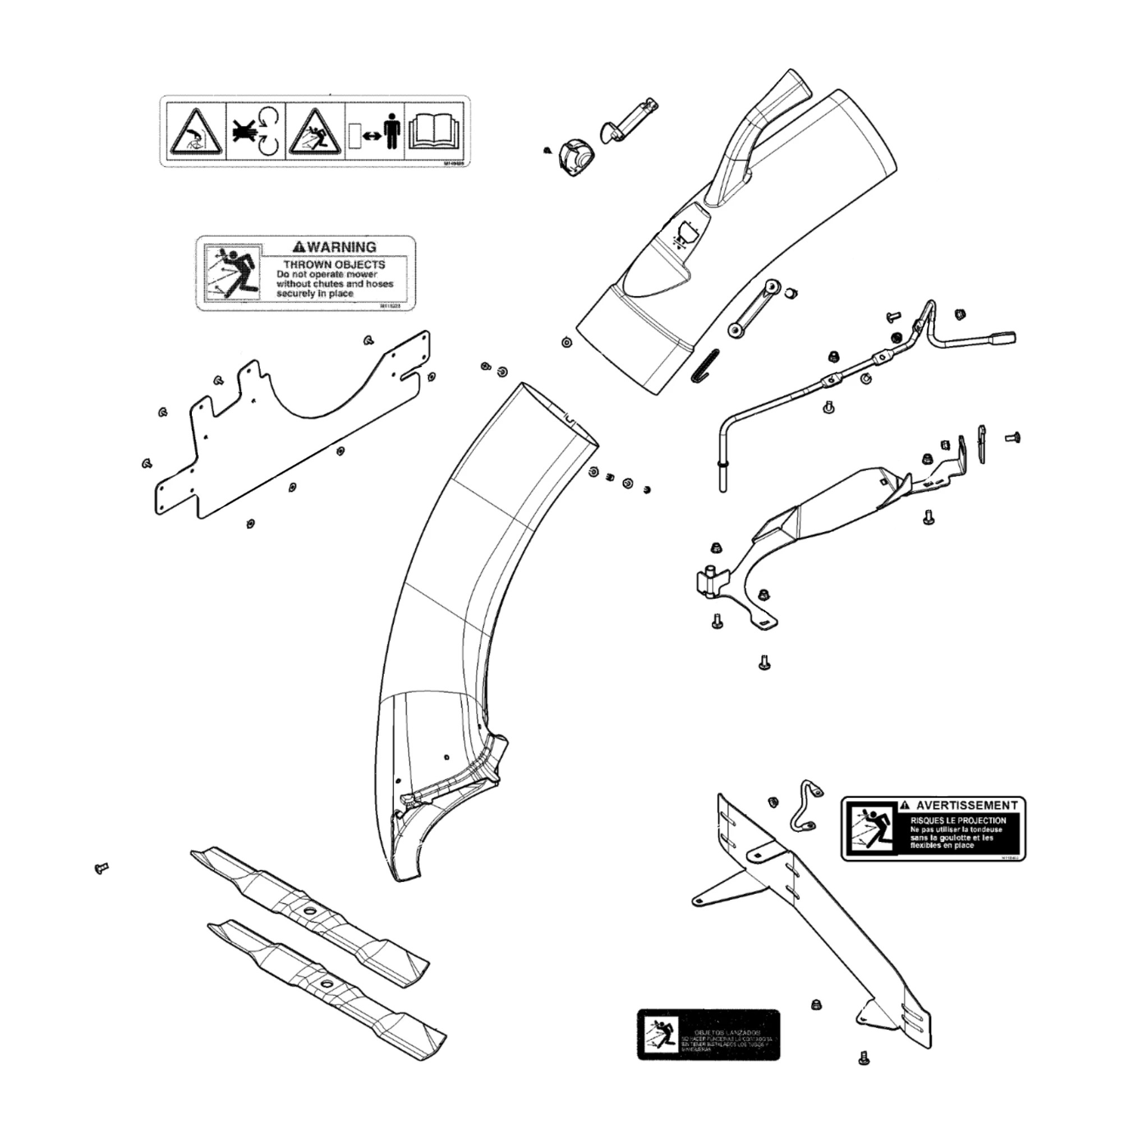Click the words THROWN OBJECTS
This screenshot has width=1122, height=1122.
click(x=334, y=265)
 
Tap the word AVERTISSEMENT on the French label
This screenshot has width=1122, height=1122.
click(x=967, y=806)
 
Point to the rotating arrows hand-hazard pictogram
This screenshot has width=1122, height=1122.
click(x=255, y=132)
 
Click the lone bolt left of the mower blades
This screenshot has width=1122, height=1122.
click(x=101, y=869)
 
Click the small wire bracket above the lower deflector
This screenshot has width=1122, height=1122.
click(x=805, y=808)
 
